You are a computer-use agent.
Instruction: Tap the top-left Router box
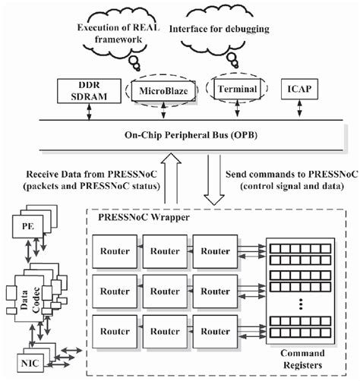click(x=116, y=249)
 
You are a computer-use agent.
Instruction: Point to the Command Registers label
click(x=302, y=358)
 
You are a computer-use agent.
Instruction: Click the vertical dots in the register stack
click(x=302, y=307)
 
